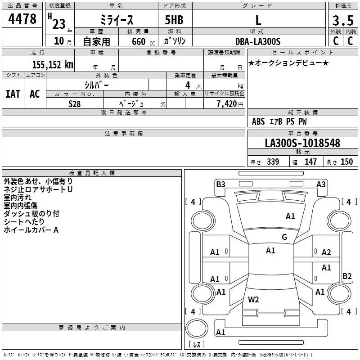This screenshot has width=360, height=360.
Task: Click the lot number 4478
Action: pyautogui.click(x=22, y=19)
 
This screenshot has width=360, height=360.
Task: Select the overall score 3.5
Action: pyautogui.click(x=343, y=20)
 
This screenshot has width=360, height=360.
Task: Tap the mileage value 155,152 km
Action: pyautogui.click(x=53, y=65)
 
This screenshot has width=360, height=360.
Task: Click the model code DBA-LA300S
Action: pyautogui.click(x=258, y=41)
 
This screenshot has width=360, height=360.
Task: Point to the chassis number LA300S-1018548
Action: pyautogui.click(x=302, y=143)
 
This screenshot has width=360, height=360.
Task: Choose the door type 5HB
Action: pyautogui.click(x=174, y=20)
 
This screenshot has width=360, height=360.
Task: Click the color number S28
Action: pyautogui.click(x=74, y=104)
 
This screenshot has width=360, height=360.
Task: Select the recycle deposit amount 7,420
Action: pyautogui.click(x=227, y=104)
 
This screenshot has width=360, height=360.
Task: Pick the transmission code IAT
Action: pyautogui.click(x=13, y=94)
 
